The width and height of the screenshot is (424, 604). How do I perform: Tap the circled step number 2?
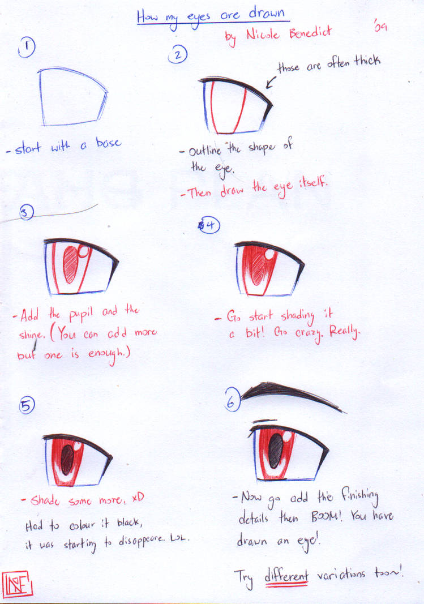click(178, 55)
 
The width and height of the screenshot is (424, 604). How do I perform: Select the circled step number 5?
click(27, 405)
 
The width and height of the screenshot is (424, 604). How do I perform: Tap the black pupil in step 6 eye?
click(276, 451)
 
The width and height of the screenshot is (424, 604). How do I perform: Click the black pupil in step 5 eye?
click(67, 460)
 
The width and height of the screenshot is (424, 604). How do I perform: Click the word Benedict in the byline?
click(313, 33)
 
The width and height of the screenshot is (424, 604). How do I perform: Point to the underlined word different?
click(286, 576)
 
